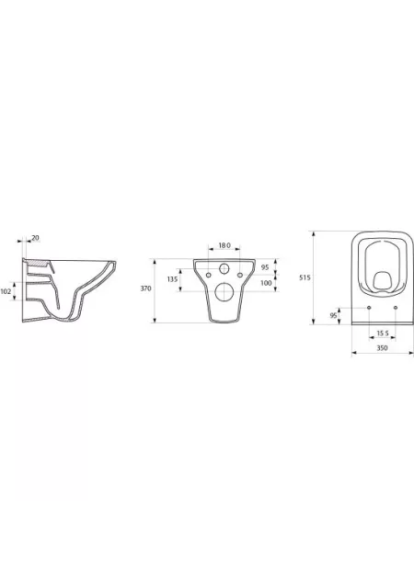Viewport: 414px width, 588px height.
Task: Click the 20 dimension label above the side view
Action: click(35, 237)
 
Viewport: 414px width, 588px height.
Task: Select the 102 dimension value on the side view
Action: click(6, 291)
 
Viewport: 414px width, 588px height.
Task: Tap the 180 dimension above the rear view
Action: click(224, 245)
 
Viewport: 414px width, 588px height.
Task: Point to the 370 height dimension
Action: click(145, 288)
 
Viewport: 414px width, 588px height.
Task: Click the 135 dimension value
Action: click(172, 279)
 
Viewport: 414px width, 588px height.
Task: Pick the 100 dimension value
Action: click(266, 283)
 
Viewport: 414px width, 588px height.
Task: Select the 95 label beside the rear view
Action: click(265, 267)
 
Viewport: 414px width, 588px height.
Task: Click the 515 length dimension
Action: click(305, 277)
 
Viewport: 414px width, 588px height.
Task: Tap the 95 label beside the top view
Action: click(334, 316)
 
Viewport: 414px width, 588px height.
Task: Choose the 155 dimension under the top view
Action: click(383, 333)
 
